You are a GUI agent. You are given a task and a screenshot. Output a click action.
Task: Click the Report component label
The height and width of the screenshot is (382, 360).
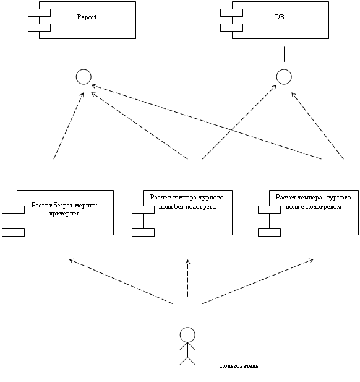(x=87, y=17)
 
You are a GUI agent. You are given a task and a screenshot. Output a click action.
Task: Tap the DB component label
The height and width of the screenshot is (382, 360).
(x=280, y=17)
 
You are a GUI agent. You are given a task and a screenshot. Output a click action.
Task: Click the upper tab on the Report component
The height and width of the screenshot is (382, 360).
(x=39, y=12)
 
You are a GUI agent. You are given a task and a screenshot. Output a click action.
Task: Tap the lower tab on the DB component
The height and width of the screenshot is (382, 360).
(x=231, y=27)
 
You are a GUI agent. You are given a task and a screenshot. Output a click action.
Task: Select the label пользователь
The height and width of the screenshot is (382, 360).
(x=239, y=366)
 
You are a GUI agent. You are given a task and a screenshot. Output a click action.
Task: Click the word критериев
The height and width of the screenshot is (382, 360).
(x=64, y=214)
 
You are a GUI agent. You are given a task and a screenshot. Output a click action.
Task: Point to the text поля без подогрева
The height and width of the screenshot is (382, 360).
(x=187, y=207)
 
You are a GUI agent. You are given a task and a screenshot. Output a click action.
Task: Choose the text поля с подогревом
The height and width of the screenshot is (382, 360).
(x=314, y=207)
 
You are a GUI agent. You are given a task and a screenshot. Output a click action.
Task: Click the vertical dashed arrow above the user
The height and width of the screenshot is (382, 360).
(x=187, y=278)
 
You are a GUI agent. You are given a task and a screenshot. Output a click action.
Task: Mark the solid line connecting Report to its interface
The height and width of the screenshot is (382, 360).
(x=84, y=54)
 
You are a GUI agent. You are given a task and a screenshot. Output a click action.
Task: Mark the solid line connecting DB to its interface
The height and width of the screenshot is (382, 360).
(x=284, y=54)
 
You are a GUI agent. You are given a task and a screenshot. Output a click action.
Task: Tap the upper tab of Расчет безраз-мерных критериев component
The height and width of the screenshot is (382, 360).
(x=13, y=209)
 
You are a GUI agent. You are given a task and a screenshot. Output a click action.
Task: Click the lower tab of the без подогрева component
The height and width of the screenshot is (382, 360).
(x=143, y=232)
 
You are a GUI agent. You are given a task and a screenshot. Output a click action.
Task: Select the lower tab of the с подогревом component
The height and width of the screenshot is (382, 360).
(x=269, y=232)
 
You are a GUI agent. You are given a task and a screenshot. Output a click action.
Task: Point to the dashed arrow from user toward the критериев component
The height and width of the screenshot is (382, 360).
(x=121, y=281)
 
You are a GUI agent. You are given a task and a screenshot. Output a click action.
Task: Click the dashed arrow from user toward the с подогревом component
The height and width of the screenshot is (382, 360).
(x=258, y=281)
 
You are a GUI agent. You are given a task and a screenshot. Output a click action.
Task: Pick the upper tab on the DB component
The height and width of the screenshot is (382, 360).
(x=231, y=12)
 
